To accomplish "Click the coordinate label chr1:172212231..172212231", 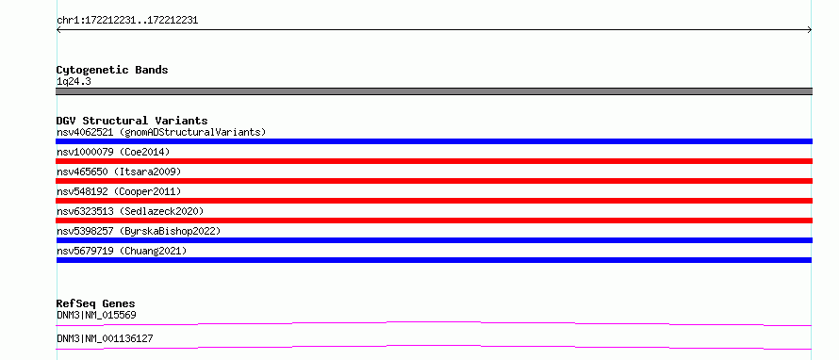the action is pyautogui.click(x=127, y=21).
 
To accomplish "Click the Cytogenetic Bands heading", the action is pyautogui.click(x=112, y=70).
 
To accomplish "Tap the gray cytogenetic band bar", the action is pyautogui.click(x=434, y=91).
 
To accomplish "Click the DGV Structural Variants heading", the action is pyautogui.click(x=132, y=121).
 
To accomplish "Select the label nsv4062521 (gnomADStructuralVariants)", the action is pyautogui.click(x=161, y=132).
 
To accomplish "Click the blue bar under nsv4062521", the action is pyautogui.click(x=434, y=141).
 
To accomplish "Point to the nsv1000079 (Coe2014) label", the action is pyautogui.click(x=113, y=152).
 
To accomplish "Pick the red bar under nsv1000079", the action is pyautogui.click(x=434, y=161).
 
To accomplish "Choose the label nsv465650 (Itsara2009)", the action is pyautogui.click(x=119, y=172).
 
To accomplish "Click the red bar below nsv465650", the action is pyautogui.click(x=434, y=181).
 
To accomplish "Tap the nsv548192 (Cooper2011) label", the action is pyautogui.click(x=119, y=191).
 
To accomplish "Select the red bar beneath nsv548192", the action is pyautogui.click(x=434, y=201).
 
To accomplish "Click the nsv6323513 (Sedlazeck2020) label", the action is pyautogui.click(x=130, y=211).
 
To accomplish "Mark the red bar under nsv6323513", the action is pyautogui.click(x=434, y=221).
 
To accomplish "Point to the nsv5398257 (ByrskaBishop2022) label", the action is pyautogui.click(x=139, y=231).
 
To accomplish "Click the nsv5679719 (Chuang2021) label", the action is pyautogui.click(x=122, y=251).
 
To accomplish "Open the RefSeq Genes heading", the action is pyautogui.click(x=96, y=303).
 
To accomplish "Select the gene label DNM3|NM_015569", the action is pyautogui.click(x=96, y=316).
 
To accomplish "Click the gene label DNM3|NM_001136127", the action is pyautogui.click(x=105, y=339).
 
